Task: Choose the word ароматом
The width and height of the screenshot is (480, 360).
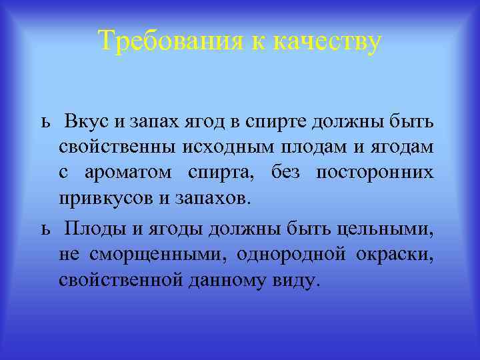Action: point(127,173)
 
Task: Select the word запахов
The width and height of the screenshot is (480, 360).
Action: point(215,198)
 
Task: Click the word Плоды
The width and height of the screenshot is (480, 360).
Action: point(92,230)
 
